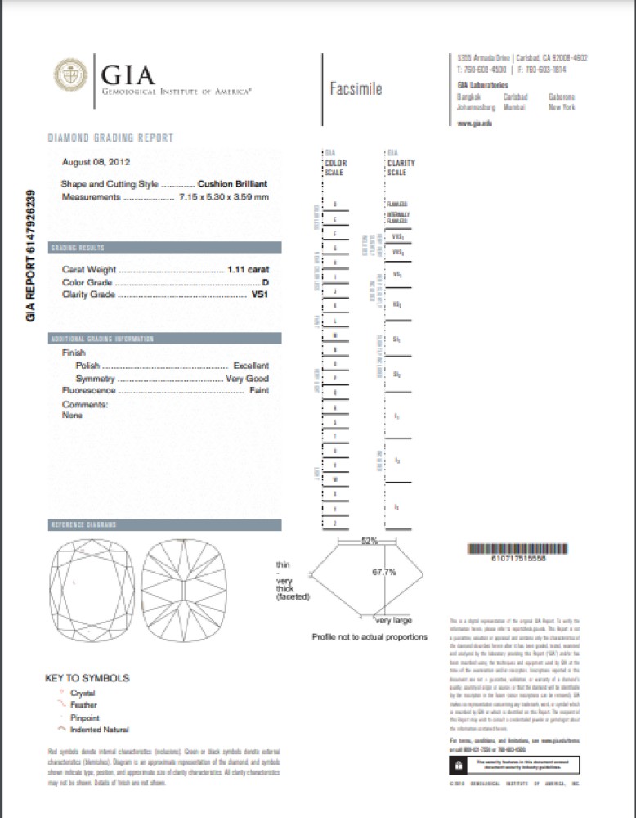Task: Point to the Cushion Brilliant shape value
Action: [x=233, y=184]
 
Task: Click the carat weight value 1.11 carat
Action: [x=249, y=269]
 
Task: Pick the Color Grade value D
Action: [x=265, y=282]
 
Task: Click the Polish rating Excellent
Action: [x=250, y=366]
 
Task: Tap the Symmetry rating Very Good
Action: [x=246, y=379]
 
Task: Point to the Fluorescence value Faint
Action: [x=258, y=391]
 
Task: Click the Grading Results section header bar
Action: [x=164, y=247]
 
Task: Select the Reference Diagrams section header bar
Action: [x=164, y=524]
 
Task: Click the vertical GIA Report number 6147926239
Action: [x=32, y=254]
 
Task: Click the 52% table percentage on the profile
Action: [x=370, y=541]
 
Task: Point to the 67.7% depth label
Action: [x=383, y=572]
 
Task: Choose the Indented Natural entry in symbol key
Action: [x=99, y=729]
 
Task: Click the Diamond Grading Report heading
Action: [x=110, y=137]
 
